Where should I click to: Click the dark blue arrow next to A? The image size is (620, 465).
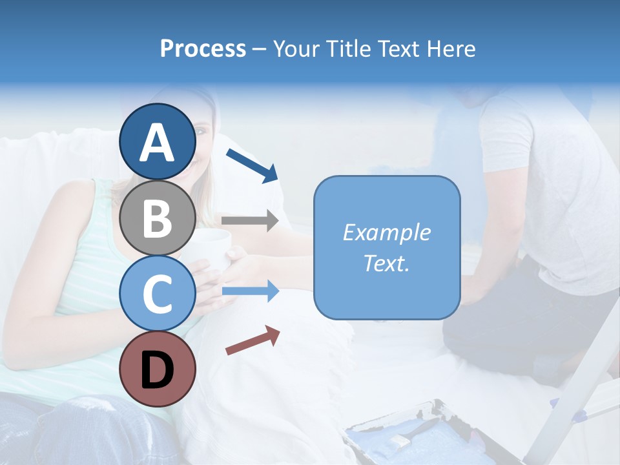253,165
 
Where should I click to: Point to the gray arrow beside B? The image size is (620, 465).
251,221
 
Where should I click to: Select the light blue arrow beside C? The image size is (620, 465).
251,291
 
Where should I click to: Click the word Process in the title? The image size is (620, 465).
203,48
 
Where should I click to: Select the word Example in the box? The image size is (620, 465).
386,232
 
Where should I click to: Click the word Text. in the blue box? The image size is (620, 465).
386,263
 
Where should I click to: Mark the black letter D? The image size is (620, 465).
158,371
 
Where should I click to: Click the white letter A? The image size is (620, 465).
158,143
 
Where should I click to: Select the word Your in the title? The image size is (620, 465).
294,48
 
